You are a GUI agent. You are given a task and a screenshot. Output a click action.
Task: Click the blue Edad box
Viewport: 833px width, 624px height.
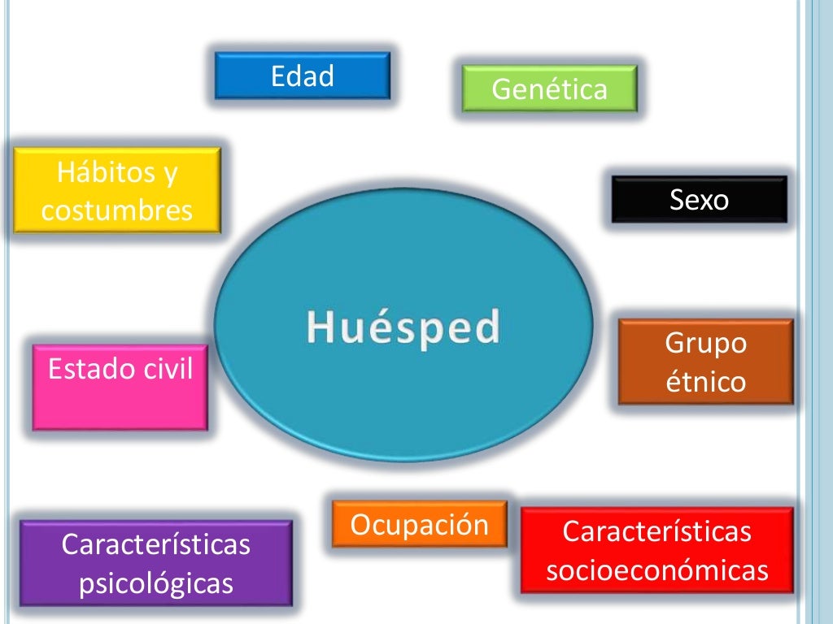(302, 76)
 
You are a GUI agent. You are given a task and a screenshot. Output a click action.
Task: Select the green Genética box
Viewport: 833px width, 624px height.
(549, 89)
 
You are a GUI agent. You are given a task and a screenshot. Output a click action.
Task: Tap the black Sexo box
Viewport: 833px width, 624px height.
(699, 199)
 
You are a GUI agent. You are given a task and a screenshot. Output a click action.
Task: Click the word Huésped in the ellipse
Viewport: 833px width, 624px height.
(403, 328)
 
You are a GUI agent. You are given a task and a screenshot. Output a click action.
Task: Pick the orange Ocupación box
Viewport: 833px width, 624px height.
(419, 525)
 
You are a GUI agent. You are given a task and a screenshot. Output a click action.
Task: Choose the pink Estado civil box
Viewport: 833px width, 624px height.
(120, 387)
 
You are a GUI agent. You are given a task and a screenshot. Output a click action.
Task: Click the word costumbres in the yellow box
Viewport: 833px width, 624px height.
(117, 210)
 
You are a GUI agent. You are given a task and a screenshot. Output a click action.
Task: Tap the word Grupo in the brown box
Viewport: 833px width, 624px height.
(705, 343)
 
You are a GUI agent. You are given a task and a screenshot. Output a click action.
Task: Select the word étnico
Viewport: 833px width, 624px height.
(705, 381)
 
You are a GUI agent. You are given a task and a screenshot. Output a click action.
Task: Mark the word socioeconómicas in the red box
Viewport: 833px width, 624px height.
(656, 570)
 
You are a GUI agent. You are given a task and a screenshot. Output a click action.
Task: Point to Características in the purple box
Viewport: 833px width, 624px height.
(155, 544)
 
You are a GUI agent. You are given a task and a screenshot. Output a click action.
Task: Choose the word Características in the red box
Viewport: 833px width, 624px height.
(656, 531)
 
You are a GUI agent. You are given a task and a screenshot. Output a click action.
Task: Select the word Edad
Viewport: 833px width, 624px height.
(302, 76)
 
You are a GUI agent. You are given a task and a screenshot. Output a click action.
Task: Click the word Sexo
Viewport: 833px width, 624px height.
(699, 199)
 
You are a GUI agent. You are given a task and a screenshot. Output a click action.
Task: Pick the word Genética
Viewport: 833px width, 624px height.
(549, 89)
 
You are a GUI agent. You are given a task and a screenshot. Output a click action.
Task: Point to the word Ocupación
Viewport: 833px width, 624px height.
(419, 525)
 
